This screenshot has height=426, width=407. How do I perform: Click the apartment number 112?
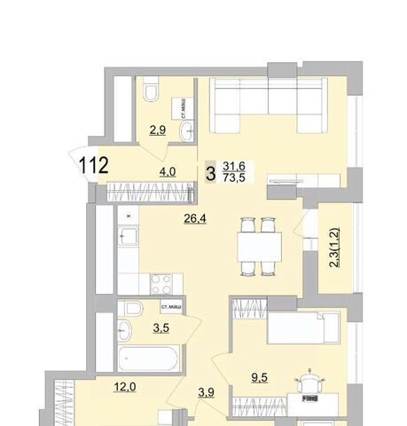93,165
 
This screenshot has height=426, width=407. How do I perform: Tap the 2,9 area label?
158,130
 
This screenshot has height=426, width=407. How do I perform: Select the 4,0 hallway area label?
168,171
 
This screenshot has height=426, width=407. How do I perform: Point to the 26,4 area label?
195,218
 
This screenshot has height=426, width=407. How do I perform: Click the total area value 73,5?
234,177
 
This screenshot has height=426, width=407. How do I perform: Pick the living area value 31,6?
234,166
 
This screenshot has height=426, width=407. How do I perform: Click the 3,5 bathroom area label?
161,327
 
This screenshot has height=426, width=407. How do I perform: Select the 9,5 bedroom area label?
260,377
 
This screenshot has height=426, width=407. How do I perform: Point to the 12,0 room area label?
125,387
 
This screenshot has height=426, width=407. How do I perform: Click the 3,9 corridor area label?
206,392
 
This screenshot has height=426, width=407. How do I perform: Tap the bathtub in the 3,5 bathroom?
149,358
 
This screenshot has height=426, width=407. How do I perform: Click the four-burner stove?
161,284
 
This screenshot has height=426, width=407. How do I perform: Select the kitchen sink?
128,236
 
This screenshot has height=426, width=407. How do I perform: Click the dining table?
259,247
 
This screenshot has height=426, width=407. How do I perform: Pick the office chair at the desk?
309,383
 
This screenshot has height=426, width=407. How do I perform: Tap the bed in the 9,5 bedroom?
303,327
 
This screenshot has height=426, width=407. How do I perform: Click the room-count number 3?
210,174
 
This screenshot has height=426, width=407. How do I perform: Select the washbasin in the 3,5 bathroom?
124,330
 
